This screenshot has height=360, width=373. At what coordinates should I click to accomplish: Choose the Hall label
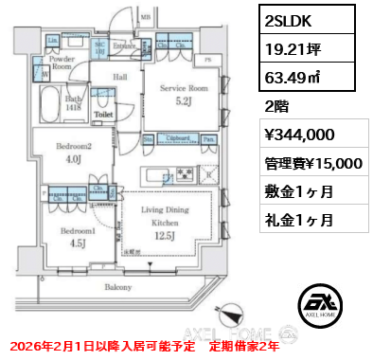121,78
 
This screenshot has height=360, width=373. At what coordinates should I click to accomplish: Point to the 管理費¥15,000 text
311,163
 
